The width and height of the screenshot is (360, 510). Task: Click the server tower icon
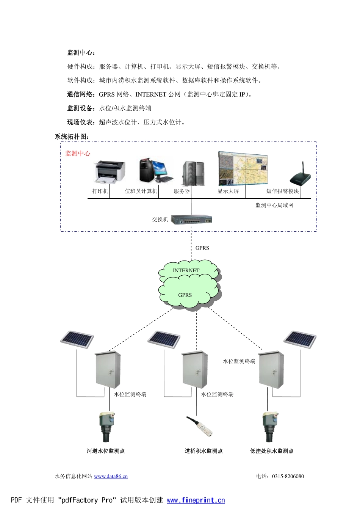[194, 173]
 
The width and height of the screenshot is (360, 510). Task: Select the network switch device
[191, 220]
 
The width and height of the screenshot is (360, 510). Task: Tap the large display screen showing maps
[243, 168]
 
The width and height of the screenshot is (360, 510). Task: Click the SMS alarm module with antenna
[300, 176]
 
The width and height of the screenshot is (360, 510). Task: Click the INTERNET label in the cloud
[186, 270]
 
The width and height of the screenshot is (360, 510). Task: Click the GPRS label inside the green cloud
[185, 295]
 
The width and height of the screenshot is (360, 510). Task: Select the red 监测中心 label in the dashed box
[78, 153]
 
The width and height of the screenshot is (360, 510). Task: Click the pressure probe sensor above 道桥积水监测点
[200, 427]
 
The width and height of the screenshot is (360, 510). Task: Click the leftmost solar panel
[77, 339]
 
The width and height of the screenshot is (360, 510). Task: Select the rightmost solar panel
[300, 339]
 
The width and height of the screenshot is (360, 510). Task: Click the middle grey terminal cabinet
[195, 369]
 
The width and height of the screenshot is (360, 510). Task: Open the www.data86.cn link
[111, 476]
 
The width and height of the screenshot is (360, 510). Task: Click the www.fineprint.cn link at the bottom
[196, 500]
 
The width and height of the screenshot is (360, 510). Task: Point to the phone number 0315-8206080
[288, 476]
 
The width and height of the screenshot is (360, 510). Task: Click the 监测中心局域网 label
[274, 205]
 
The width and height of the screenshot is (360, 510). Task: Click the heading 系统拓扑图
[72, 137]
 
